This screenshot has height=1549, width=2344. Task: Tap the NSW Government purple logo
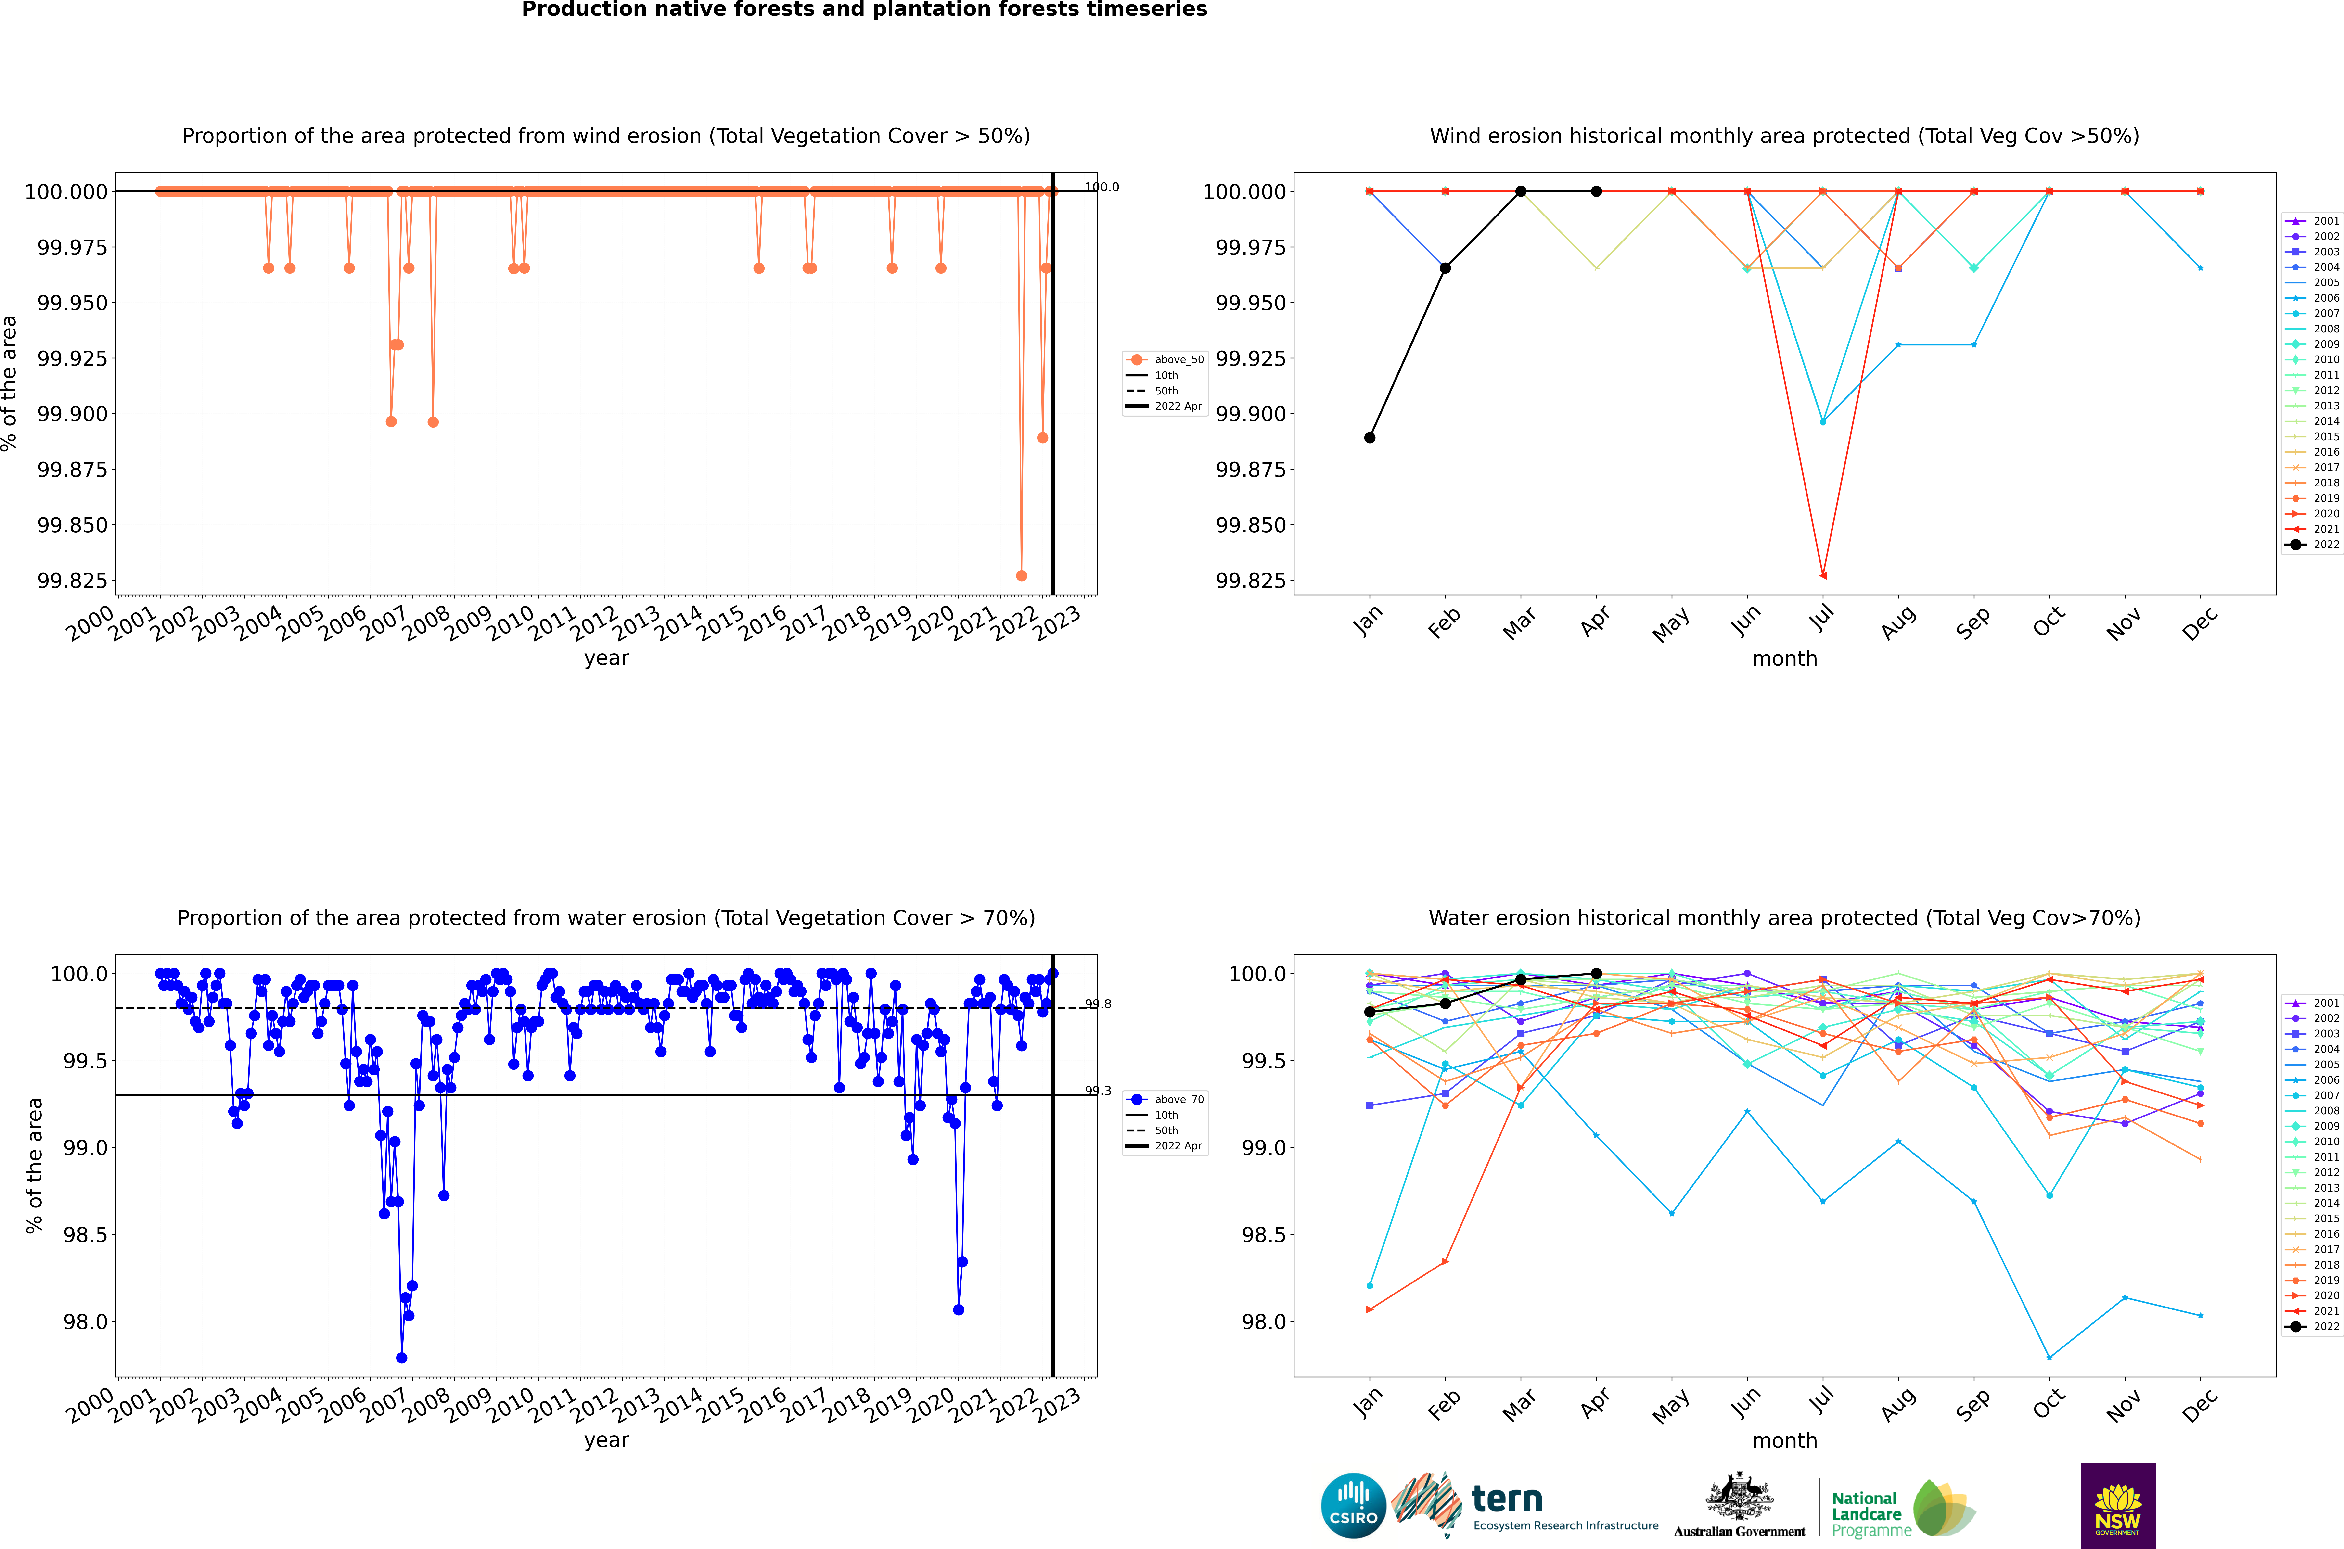coord(2118,1506)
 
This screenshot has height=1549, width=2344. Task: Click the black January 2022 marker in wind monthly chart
coord(1369,438)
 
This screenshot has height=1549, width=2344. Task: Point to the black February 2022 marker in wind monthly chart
coord(1445,268)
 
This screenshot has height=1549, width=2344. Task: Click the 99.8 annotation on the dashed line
coord(1097,1004)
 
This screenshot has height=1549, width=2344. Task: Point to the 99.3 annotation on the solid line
coord(1097,1091)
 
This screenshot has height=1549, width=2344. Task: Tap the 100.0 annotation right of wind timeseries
coord(1101,187)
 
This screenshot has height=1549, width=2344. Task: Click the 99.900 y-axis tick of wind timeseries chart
coord(72,414)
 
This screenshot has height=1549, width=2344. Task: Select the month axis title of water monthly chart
coord(1784,1440)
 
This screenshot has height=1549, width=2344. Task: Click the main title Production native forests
coord(864,10)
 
